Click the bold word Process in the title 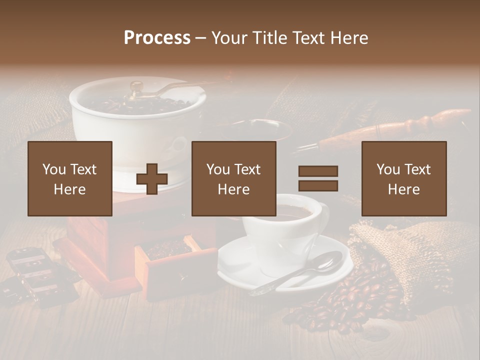tap(157, 37)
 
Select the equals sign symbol tap(318, 178)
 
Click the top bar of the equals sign tap(318, 171)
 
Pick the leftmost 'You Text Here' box tap(70, 178)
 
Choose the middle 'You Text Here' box tap(233, 178)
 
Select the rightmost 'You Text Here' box tap(403, 178)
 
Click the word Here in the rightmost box tap(403, 189)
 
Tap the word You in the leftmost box tap(54, 169)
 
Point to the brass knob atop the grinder tap(136, 86)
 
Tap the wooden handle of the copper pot tap(395, 127)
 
